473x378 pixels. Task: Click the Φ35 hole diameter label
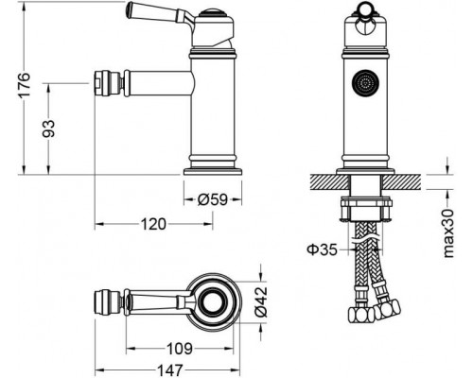[x=323, y=250]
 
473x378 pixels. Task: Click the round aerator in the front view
[x=359, y=84]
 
